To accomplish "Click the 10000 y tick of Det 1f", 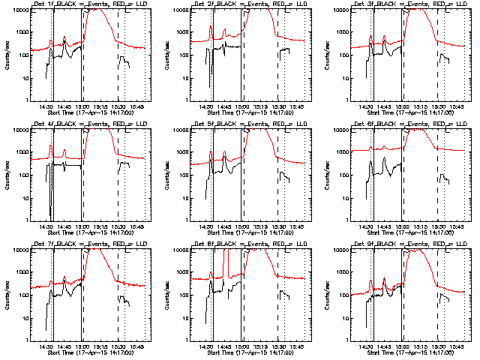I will pyautogui.click(x=17, y=10).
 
